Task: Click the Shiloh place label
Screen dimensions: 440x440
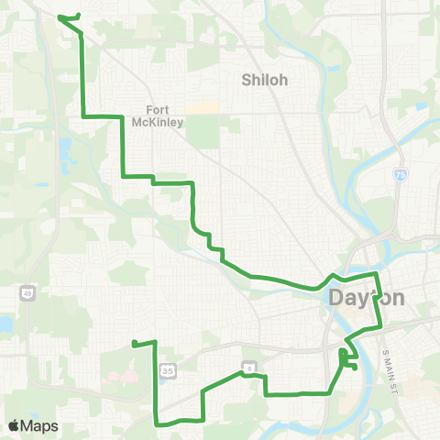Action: point(264,80)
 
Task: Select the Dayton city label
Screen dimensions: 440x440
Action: point(366,298)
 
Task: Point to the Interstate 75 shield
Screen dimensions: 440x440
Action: point(401,174)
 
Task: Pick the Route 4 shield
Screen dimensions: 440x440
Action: point(247,367)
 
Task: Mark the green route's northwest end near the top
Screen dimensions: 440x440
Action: point(60,16)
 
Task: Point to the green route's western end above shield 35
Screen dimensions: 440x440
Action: point(134,344)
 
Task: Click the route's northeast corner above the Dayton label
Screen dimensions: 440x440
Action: point(376,273)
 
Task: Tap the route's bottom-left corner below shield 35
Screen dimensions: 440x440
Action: point(156,423)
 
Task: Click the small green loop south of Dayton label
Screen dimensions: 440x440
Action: point(346,358)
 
